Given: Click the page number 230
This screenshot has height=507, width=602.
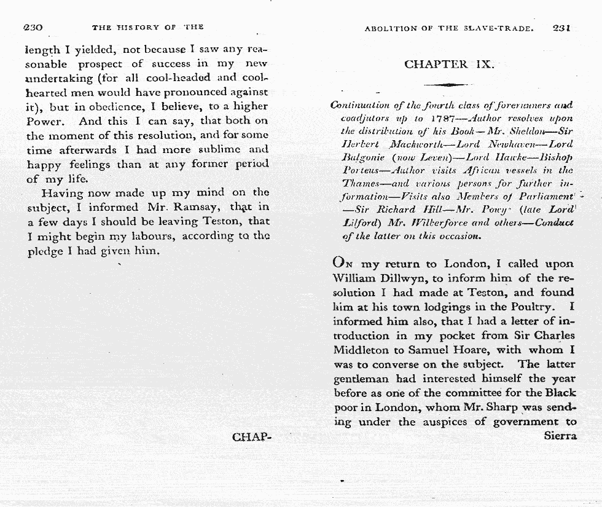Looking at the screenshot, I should tap(33, 28).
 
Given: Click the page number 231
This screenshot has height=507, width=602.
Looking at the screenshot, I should tap(562, 28).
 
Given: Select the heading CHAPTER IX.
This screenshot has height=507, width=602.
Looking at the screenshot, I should tap(449, 65).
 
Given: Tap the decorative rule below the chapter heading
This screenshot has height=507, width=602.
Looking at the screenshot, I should tap(448, 85).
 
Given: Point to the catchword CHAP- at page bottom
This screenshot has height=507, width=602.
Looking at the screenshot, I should tap(251, 437).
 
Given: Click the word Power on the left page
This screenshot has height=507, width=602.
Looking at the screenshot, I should tap(42, 122).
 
